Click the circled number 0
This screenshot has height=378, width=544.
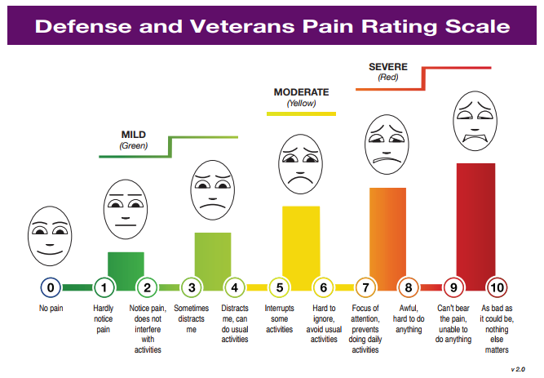click(51, 287)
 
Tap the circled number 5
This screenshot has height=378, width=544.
click(279, 287)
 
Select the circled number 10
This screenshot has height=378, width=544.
click(497, 287)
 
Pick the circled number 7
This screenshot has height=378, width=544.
click(366, 287)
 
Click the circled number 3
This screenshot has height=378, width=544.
click(191, 287)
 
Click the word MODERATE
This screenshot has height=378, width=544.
click(302, 92)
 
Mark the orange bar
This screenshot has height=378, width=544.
click(387, 233)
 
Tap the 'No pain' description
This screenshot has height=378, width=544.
click(51, 309)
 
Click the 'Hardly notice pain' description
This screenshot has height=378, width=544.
click(104, 319)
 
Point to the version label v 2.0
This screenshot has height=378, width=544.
click(517, 370)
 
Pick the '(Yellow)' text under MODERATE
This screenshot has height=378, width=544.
click(301, 104)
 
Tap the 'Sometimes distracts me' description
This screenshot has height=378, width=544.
click(191, 319)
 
